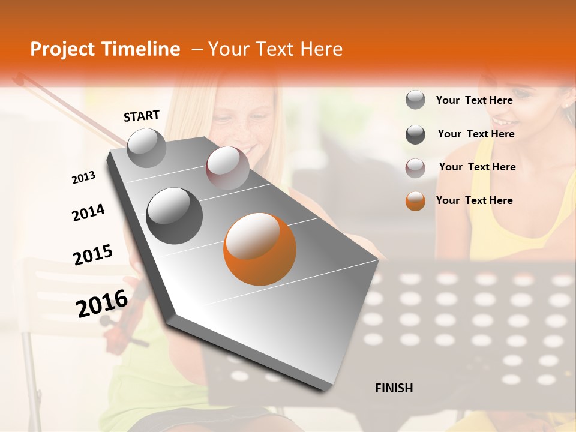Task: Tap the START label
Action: [x=142, y=116]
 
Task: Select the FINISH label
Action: [x=394, y=388]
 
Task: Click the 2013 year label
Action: [x=83, y=178]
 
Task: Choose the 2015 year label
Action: [x=93, y=255]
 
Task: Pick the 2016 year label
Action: [x=102, y=303]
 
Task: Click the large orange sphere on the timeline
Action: [x=260, y=249]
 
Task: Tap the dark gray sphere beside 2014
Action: [x=175, y=215]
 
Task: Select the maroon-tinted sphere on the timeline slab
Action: [x=227, y=168]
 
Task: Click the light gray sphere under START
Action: [x=147, y=148]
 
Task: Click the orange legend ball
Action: [x=415, y=201]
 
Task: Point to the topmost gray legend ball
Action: [x=415, y=100]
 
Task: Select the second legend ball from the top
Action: [x=415, y=134]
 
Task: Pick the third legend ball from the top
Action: [x=415, y=168]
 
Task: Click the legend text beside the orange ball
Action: [x=474, y=200]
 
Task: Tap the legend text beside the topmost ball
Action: [x=474, y=100]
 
